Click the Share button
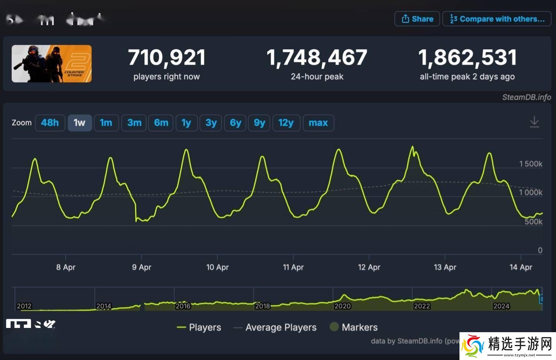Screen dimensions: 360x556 pyautogui.click(x=417, y=19)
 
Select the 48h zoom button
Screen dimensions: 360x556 pyautogui.click(x=50, y=123)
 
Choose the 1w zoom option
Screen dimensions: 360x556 pyautogui.click(x=80, y=123)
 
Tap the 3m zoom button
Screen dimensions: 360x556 pyautogui.click(x=134, y=123)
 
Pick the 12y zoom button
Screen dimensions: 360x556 pyautogui.click(x=286, y=123)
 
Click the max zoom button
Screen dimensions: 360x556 pyautogui.click(x=318, y=123)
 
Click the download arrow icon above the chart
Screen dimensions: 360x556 pyautogui.click(x=534, y=122)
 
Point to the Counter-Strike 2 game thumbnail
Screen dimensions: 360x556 pyautogui.click(x=52, y=64)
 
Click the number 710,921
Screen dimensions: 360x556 pyautogui.click(x=167, y=58)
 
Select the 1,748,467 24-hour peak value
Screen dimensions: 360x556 pyautogui.click(x=317, y=58)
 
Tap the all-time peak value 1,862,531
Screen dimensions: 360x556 pyautogui.click(x=467, y=58)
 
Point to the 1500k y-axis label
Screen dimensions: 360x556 pyautogui.click(x=531, y=164)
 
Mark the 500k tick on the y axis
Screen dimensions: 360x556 pyautogui.click(x=533, y=222)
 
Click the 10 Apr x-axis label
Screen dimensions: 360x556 pyautogui.click(x=217, y=267)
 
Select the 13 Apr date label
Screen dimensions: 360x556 pyautogui.click(x=445, y=267)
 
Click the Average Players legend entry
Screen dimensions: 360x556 pyautogui.click(x=281, y=328)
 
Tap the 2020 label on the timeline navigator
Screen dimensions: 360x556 pyautogui.click(x=342, y=306)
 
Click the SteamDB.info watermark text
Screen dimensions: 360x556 pyautogui.click(x=526, y=97)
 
